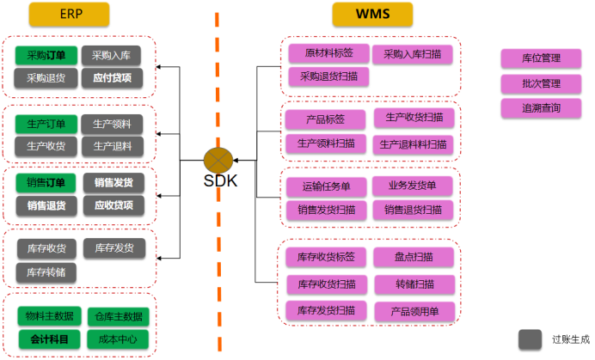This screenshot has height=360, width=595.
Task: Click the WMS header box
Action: point(372,14)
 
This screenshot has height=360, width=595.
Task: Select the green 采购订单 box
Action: point(46,56)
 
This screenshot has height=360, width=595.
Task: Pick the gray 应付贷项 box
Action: point(113,77)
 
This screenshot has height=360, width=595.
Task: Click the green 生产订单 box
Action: point(46,124)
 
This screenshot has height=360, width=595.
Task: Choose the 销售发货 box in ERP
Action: point(113,183)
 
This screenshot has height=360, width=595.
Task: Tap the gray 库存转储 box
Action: point(46,272)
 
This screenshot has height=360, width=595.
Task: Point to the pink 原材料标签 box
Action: point(327,53)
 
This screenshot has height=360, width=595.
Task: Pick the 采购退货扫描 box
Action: point(327,76)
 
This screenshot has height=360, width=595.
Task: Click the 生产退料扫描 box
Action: point(413,143)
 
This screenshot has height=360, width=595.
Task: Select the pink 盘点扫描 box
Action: point(413,256)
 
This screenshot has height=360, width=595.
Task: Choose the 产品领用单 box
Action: point(413,310)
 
